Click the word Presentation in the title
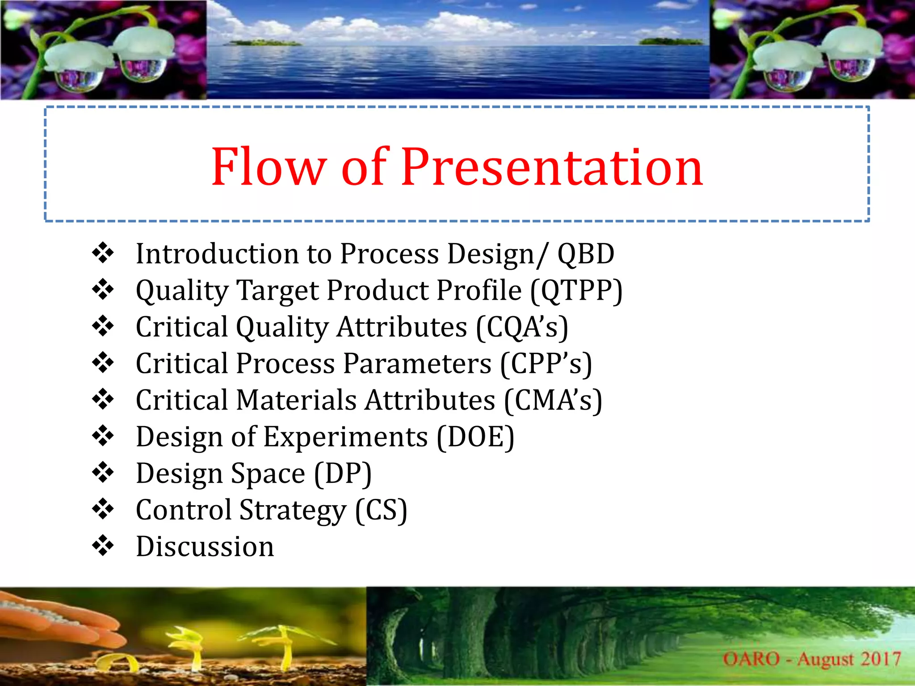(552, 167)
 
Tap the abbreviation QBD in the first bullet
(585, 254)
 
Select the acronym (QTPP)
(576, 291)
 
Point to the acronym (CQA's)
(522, 327)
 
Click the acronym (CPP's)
(546, 364)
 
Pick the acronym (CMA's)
(553, 400)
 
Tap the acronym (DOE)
(475, 437)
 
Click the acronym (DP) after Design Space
(343, 473)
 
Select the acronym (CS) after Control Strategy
(381, 510)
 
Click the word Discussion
(205, 547)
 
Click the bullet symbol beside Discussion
(103, 546)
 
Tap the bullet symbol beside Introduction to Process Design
(103, 253)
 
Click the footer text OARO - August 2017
(811, 659)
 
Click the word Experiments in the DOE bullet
(345, 437)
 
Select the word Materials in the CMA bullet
(296, 400)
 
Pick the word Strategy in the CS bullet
(293, 510)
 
